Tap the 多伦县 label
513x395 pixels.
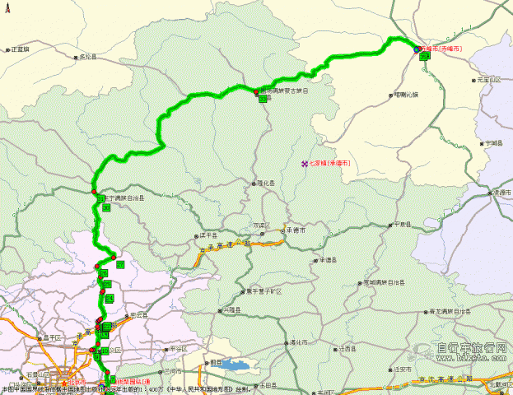86,57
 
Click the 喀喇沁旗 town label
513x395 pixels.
406,95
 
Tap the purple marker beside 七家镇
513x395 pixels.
304,163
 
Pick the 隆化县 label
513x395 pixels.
267,184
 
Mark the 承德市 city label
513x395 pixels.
297,230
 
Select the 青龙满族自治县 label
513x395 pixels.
451,311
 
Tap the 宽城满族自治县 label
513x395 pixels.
384,282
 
